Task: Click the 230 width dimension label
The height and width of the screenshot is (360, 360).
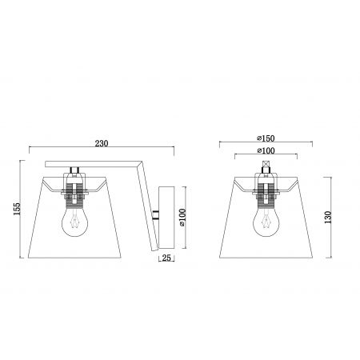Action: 102,143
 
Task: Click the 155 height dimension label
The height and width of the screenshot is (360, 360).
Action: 17,209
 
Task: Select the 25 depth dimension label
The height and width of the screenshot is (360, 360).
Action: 166,258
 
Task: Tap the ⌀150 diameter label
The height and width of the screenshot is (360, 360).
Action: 266,138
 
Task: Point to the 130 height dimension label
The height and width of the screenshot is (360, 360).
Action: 328,218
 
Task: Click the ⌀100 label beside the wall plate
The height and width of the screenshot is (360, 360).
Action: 182,218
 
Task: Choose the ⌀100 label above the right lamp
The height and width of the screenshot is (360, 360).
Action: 266,151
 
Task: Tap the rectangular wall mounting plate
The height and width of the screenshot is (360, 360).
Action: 166,218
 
